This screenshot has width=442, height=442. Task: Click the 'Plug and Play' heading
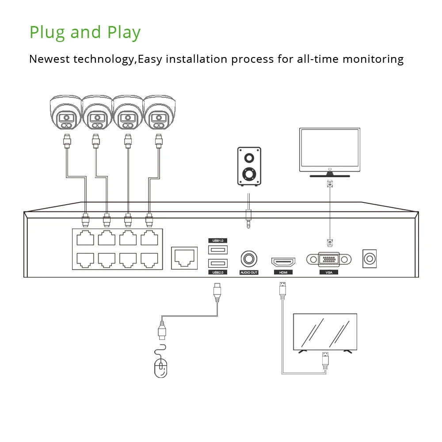pos(85,33)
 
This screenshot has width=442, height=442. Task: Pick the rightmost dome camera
pos(158,112)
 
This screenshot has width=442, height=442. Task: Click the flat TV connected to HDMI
pos(325,332)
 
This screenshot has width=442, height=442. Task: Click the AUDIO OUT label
pos(249,273)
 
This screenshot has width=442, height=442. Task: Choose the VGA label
pos(329,273)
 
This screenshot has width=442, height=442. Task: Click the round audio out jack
pos(249,258)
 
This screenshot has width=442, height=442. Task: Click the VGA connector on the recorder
pos(329,259)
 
